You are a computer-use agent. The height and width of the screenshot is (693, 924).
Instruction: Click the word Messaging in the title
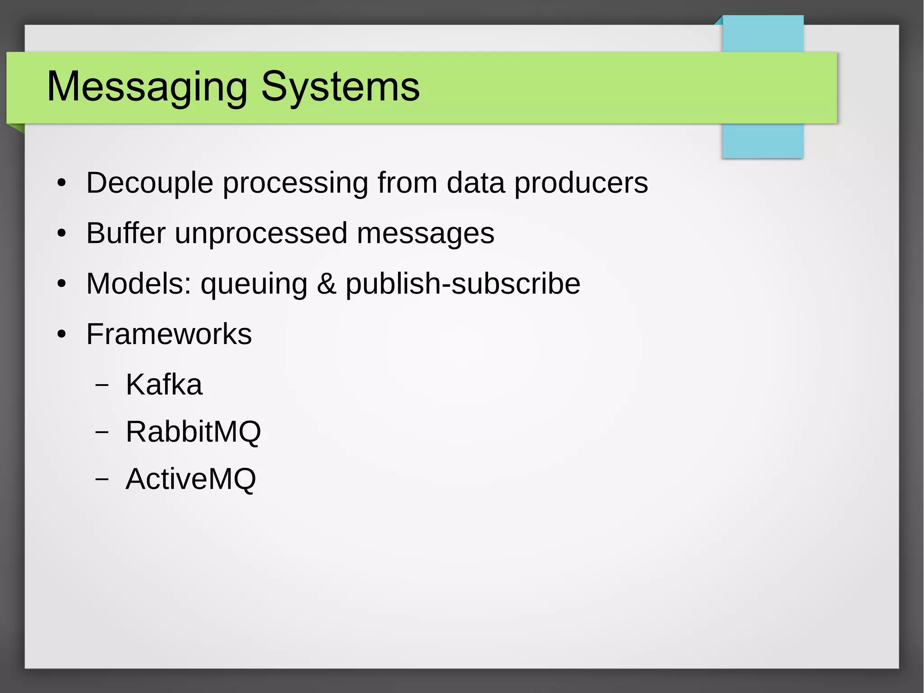click(147, 87)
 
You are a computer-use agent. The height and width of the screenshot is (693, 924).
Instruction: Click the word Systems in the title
click(340, 87)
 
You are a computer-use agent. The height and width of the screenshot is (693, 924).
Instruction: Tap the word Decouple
click(149, 183)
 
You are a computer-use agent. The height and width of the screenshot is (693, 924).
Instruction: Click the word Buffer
click(126, 233)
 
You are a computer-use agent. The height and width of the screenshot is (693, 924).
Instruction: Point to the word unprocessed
click(261, 233)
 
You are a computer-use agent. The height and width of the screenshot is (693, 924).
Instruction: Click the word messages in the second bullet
click(425, 233)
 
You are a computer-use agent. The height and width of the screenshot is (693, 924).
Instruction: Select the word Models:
click(139, 284)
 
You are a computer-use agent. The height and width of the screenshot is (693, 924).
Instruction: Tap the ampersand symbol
click(326, 284)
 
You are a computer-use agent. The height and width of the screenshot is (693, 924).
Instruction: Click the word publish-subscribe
click(463, 284)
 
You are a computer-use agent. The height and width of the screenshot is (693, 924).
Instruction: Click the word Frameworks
click(169, 335)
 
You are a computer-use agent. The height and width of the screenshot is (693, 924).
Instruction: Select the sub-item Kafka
click(164, 385)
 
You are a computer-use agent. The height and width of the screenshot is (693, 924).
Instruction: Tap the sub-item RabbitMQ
click(193, 432)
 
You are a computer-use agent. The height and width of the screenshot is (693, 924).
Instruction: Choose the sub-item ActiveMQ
click(190, 479)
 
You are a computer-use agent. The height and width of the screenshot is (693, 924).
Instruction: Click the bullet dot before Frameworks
click(62, 335)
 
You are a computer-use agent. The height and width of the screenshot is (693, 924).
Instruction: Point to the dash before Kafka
click(102, 385)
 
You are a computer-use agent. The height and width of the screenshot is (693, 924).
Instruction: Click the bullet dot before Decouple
click(62, 184)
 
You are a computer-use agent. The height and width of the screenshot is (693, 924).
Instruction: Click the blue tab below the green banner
click(762, 140)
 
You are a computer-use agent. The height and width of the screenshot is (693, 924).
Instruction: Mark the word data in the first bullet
click(475, 183)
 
